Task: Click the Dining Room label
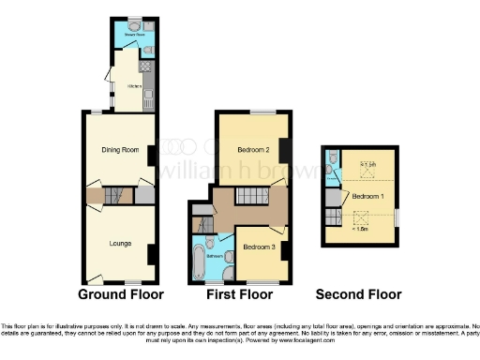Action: coord(120,149)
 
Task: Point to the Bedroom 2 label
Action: coord(253,150)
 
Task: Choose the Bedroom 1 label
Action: coord(367,197)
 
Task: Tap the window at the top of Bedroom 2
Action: coord(255,112)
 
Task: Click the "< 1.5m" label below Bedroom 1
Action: coord(361,227)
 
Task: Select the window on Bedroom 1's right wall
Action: coord(397,217)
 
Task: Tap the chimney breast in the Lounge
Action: coord(151,253)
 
